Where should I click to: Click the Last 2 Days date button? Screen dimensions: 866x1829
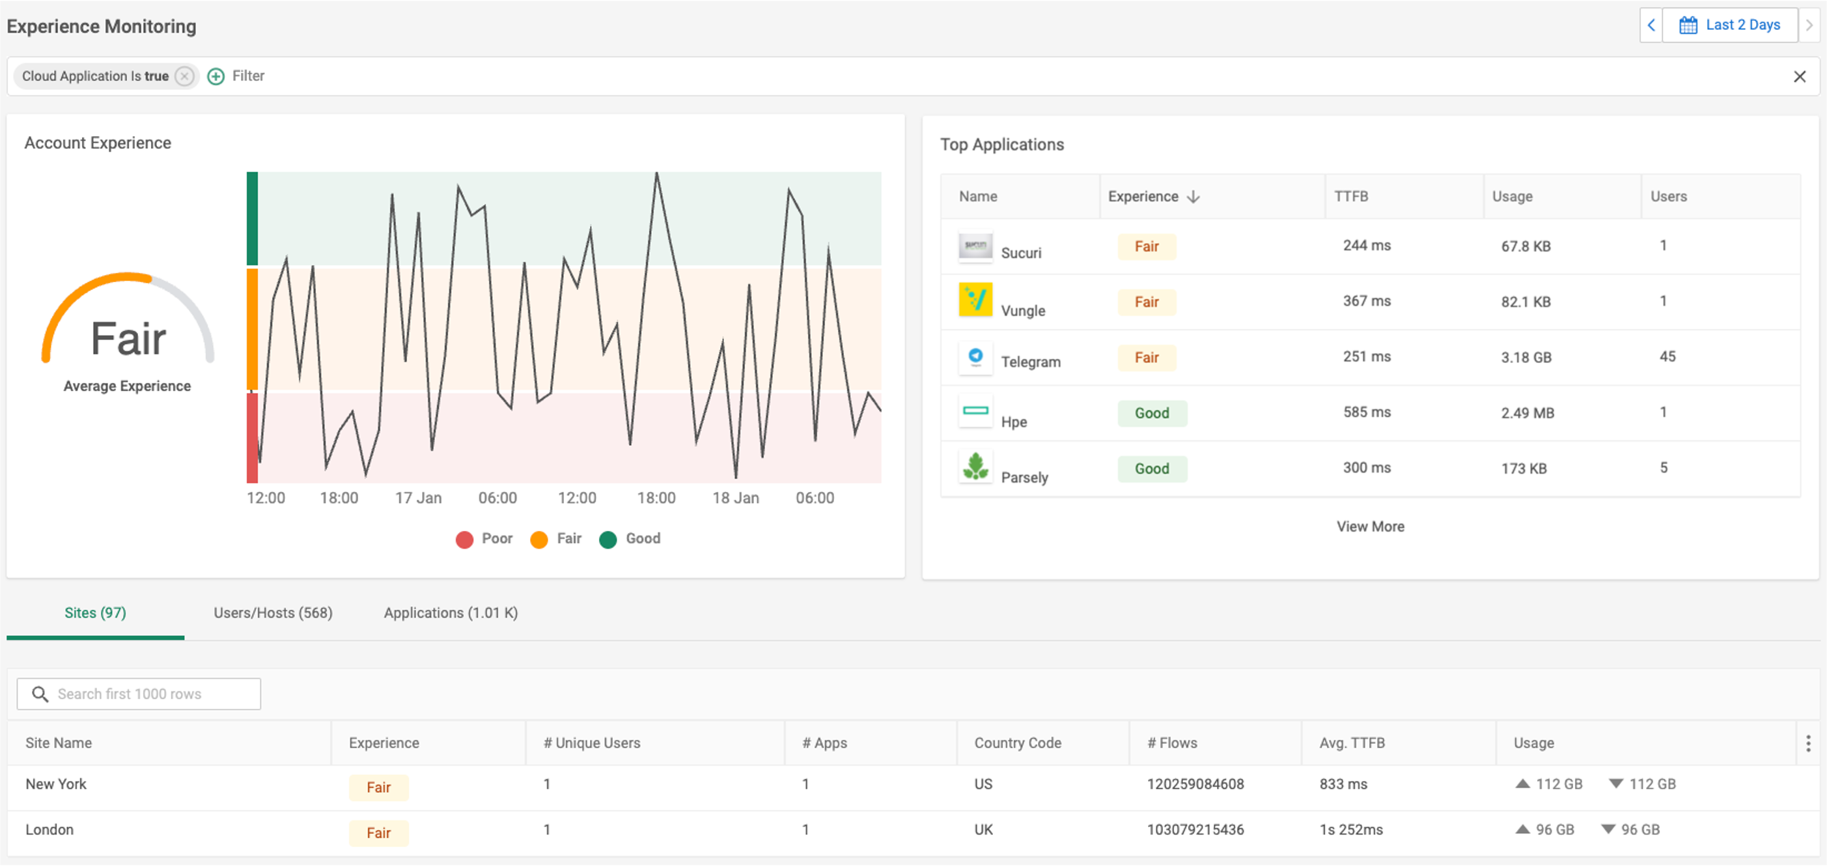click(x=1729, y=25)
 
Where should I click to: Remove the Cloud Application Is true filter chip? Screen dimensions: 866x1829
click(x=185, y=76)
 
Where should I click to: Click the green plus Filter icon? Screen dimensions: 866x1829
click(x=216, y=76)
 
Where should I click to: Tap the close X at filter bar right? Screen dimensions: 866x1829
click(x=1799, y=77)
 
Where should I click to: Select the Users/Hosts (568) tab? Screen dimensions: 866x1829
click(x=273, y=613)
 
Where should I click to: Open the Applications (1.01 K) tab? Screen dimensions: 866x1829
click(x=451, y=613)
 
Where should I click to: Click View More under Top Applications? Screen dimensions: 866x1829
click(x=1369, y=527)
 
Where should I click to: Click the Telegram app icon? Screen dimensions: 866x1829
click(x=975, y=356)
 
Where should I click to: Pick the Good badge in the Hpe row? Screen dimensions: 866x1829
click(x=1151, y=412)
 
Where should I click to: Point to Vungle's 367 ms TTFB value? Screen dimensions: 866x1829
click(x=1366, y=301)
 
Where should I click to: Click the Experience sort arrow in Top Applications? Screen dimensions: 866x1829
click(x=1193, y=197)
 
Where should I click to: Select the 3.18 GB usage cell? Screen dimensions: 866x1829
click(x=1526, y=357)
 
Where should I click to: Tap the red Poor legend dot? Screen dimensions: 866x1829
click(x=464, y=539)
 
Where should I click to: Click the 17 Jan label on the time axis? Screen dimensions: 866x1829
click(x=418, y=498)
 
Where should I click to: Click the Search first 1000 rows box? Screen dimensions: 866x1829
click(x=139, y=694)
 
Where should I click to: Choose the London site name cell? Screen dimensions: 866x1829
click(x=49, y=830)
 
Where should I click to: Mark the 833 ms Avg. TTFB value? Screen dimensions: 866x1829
click(x=1343, y=785)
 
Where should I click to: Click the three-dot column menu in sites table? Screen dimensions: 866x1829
click(x=1808, y=743)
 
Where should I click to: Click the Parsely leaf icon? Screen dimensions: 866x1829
click(x=975, y=467)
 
